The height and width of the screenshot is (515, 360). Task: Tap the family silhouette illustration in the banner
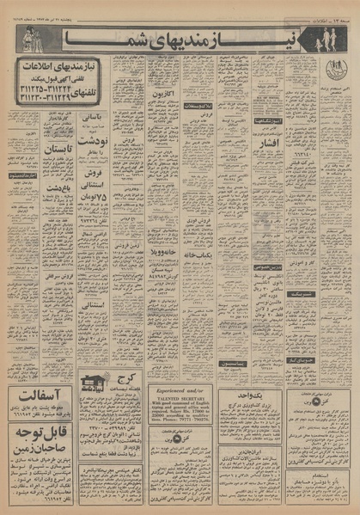pos(327,39)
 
